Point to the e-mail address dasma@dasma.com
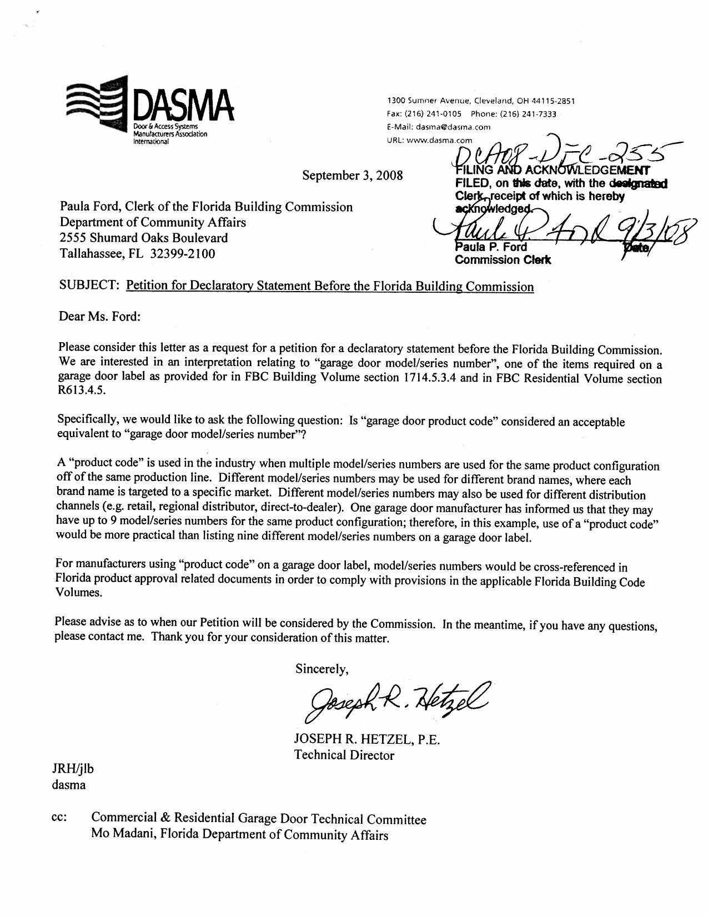coord(453,127)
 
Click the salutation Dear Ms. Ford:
coord(99,317)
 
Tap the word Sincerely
coord(322,669)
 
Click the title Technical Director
coord(344,755)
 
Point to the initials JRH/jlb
coord(73,769)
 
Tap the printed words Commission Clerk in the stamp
coord(503,260)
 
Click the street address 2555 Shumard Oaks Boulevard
coord(144,238)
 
